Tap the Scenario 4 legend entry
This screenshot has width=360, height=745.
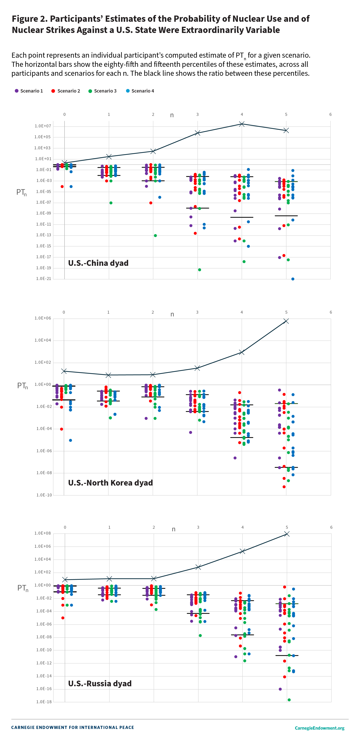pyautogui.click(x=140, y=91)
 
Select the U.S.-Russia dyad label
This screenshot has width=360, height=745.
pyautogui.click(x=100, y=683)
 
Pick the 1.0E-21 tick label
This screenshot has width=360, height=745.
pyautogui.click(x=43, y=278)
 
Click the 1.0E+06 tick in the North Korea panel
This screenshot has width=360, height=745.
pyautogui.click(x=42, y=318)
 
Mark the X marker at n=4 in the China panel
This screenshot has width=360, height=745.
pyautogui.click(x=242, y=124)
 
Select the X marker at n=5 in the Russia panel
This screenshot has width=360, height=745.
pyautogui.click(x=287, y=534)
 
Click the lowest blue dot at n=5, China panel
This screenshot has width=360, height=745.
pyautogui.click(x=293, y=279)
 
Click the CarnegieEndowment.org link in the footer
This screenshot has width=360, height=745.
pyautogui.click(x=319, y=728)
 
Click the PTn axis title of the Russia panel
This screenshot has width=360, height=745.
pyautogui.click(x=23, y=588)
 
